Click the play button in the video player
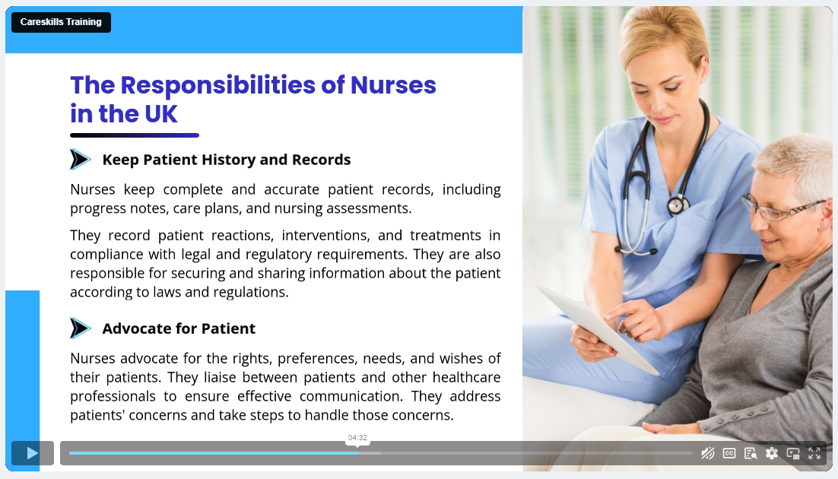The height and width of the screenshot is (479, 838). coord(33,453)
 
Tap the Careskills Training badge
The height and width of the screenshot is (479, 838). coord(61,23)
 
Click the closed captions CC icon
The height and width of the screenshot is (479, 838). coord(729,453)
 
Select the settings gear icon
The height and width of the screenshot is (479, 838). coord(772,453)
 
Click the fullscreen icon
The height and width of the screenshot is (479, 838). coord(814,453)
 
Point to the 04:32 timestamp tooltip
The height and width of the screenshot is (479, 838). coord(357,438)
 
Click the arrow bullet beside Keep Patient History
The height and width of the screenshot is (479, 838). coord(80,160)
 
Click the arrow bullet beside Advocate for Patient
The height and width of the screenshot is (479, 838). coord(80,328)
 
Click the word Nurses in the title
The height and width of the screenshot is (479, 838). coord(393,85)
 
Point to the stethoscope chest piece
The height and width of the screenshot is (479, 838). coord(677,205)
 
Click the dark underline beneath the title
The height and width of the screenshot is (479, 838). coord(135,135)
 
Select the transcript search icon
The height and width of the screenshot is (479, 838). coord(751,453)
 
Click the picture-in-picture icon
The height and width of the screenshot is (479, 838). coord(793,453)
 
